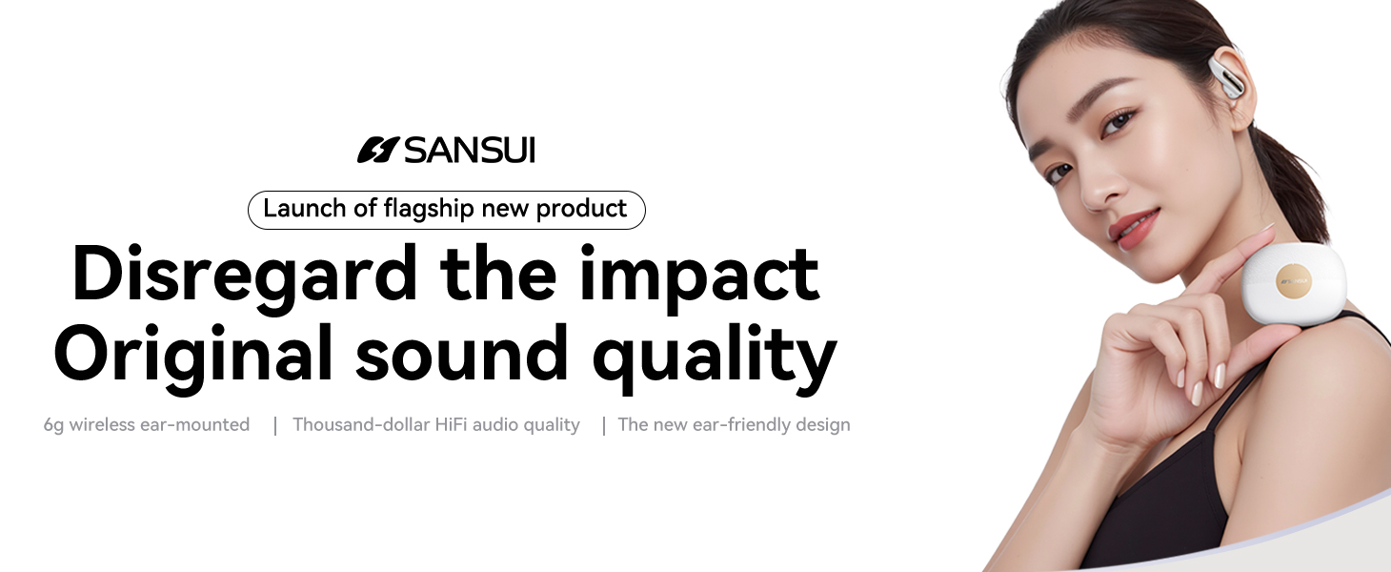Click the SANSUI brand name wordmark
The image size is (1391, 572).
click(x=470, y=150)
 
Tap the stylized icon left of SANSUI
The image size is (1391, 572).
click(x=377, y=150)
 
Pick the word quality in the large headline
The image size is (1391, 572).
click(x=715, y=357)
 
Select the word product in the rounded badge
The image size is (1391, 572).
click(x=581, y=209)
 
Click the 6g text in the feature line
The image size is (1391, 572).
click(x=53, y=425)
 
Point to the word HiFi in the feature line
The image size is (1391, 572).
click(x=452, y=424)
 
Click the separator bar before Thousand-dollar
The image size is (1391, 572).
click(x=275, y=425)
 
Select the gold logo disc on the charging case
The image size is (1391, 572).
click(x=1292, y=280)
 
